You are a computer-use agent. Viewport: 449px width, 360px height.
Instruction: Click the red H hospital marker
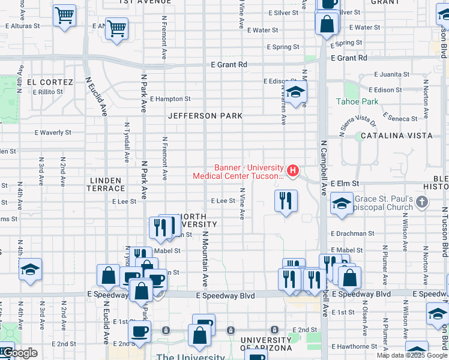[292, 172]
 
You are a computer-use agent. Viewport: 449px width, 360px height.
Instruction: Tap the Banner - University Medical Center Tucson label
[238, 172]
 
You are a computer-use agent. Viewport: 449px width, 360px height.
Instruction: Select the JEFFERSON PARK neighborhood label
[205, 116]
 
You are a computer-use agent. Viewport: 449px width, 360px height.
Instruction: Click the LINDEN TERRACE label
[106, 184]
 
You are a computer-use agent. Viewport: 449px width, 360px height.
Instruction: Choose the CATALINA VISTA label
[396, 136]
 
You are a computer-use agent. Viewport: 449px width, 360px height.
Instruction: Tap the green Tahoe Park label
[357, 101]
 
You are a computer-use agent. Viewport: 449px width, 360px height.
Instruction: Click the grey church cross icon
[422, 202]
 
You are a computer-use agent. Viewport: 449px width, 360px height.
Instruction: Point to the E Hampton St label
[170, 99]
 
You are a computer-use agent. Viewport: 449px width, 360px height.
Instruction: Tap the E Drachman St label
[352, 233]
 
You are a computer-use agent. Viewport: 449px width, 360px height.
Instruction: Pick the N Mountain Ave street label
[205, 258]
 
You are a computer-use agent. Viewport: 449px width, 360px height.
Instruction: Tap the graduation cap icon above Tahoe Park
[295, 92]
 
